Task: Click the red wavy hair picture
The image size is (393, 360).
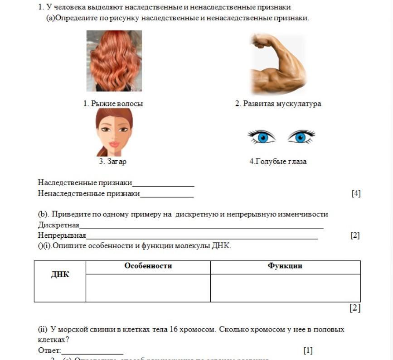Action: tap(114, 61)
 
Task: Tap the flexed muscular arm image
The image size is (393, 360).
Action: tap(277, 64)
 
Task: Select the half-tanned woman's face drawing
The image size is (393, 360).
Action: tap(114, 132)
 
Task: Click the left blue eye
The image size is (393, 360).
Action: tap(262, 136)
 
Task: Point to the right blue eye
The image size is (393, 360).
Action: tap(301, 136)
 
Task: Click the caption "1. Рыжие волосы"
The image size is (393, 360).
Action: tap(113, 104)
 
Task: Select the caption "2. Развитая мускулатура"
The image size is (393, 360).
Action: tap(278, 104)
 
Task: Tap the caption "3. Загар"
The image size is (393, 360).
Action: tap(113, 161)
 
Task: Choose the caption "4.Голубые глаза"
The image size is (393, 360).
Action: tap(278, 161)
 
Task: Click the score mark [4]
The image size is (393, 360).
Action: tap(356, 194)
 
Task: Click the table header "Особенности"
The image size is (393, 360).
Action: tap(148, 266)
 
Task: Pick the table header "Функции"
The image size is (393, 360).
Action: tap(285, 266)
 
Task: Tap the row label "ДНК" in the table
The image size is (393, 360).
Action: tap(60, 275)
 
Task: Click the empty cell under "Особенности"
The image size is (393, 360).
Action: tap(148, 288)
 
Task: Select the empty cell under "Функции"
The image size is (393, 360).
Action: tap(285, 288)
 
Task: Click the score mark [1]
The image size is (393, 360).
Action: tap(308, 350)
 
